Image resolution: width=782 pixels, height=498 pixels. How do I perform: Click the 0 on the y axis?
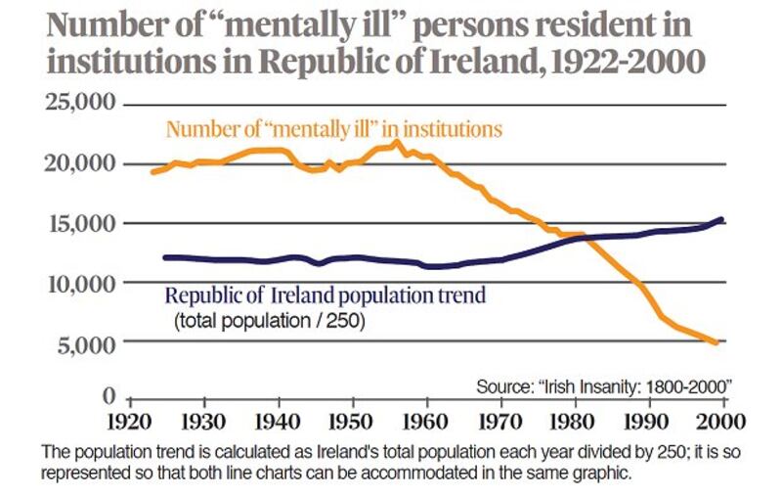pos(109,396)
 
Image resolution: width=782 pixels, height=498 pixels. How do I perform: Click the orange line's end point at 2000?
pos(717,342)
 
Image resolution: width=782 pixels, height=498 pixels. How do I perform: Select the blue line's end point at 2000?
pos(722,219)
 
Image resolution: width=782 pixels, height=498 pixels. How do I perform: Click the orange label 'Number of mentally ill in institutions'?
pos(333,128)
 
